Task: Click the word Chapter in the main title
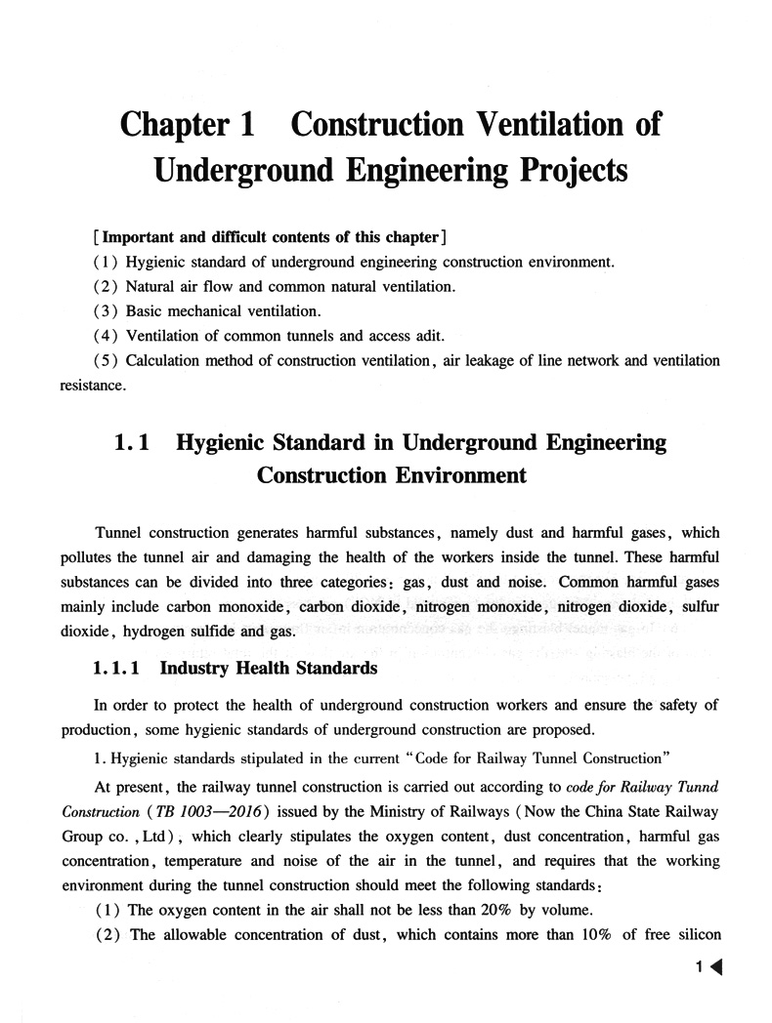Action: tap(174, 125)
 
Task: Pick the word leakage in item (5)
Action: tap(506, 360)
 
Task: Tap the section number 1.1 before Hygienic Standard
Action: tap(131, 443)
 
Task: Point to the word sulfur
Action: tap(697, 606)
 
